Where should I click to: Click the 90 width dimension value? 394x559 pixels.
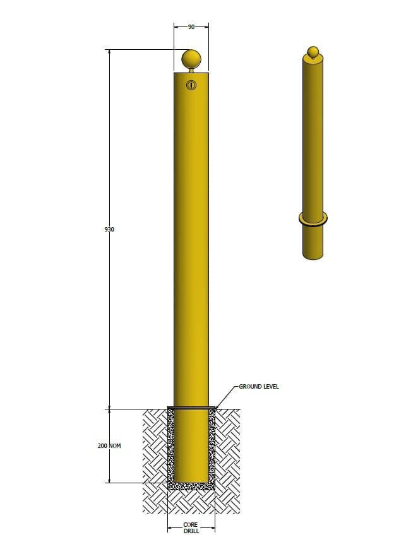pyautogui.click(x=191, y=27)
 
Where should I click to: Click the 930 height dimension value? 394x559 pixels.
pyautogui.click(x=109, y=230)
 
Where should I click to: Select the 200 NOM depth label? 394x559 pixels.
pyautogui.click(x=109, y=446)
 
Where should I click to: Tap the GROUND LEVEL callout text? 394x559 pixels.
pyautogui.click(x=258, y=386)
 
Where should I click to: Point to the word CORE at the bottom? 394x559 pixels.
pyautogui.click(x=191, y=524)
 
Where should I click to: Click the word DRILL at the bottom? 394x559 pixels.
pyautogui.click(x=191, y=531)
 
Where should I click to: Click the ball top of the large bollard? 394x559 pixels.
pyautogui.click(x=191, y=59)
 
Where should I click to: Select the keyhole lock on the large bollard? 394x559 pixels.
pyautogui.click(x=191, y=85)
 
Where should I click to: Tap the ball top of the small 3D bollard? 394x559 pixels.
pyautogui.click(x=313, y=51)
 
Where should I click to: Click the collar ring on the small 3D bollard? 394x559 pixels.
pyautogui.click(x=313, y=220)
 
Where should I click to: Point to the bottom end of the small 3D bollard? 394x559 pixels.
pyautogui.click(x=313, y=255)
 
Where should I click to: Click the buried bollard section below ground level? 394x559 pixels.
pyautogui.click(x=191, y=445)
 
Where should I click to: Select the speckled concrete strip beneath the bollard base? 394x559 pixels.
pyautogui.click(x=191, y=486)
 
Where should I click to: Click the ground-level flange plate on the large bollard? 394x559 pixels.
pyautogui.click(x=191, y=408)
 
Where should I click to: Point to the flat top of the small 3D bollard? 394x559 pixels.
pyautogui.click(x=313, y=59)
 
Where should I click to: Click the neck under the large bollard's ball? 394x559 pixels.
pyautogui.click(x=191, y=70)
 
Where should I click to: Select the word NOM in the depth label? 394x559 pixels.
pyautogui.click(x=114, y=446)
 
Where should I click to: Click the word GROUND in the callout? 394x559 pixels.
pyautogui.click(x=249, y=386)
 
